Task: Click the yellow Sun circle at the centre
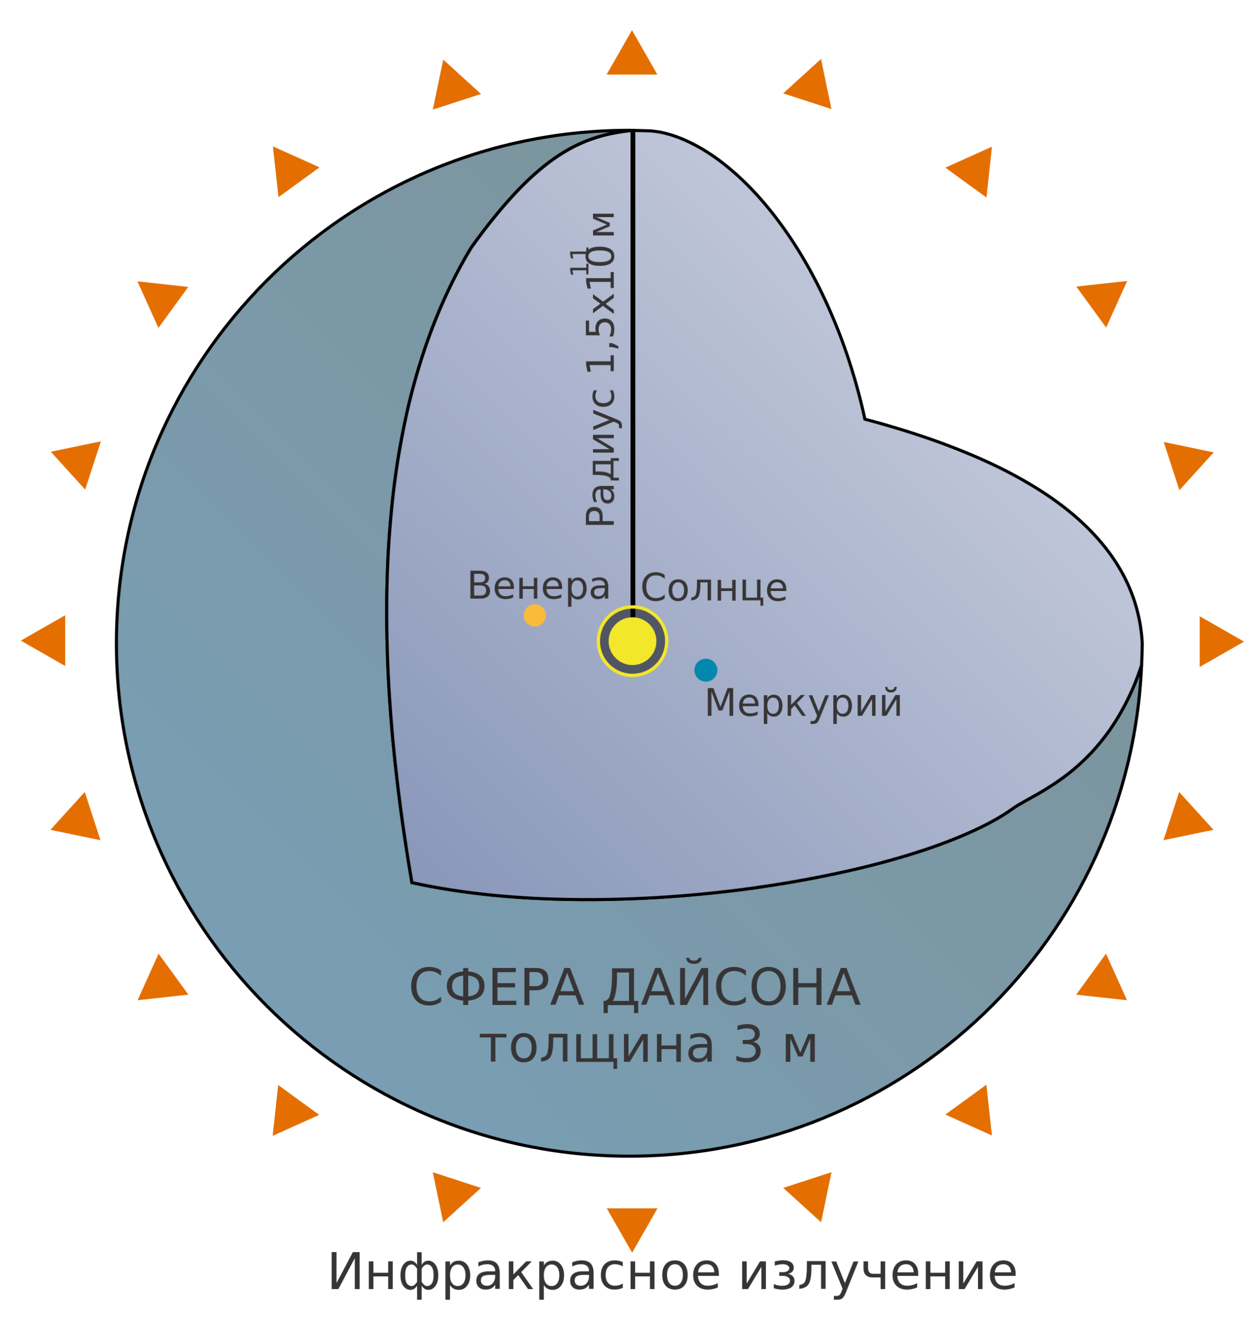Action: click(632, 641)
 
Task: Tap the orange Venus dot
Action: click(534, 615)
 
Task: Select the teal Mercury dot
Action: click(706, 669)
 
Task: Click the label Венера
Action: click(538, 586)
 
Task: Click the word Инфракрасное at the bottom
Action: click(523, 1272)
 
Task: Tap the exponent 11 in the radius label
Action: click(578, 261)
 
